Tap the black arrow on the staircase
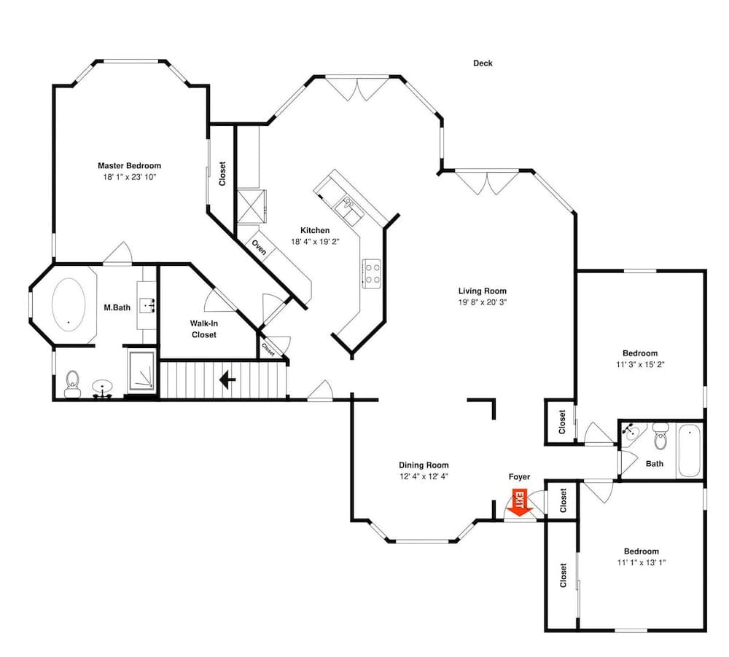click(x=227, y=380)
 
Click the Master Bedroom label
click(x=129, y=166)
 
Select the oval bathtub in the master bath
click(x=66, y=304)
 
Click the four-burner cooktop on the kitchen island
click(x=372, y=273)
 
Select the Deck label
click(x=483, y=63)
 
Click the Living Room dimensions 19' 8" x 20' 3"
click(x=482, y=302)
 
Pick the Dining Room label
click(x=424, y=465)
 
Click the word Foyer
click(x=519, y=477)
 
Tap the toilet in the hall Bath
click(x=660, y=438)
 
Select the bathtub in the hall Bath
click(x=689, y=452)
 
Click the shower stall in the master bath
click(x=141, y=374)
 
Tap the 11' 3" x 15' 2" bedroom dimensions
click(x=640, y=365)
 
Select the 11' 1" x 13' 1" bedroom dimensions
click(x=641, y=562)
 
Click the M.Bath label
click(x=117, y=307)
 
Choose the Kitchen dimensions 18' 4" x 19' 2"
click(x=315, y=241)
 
